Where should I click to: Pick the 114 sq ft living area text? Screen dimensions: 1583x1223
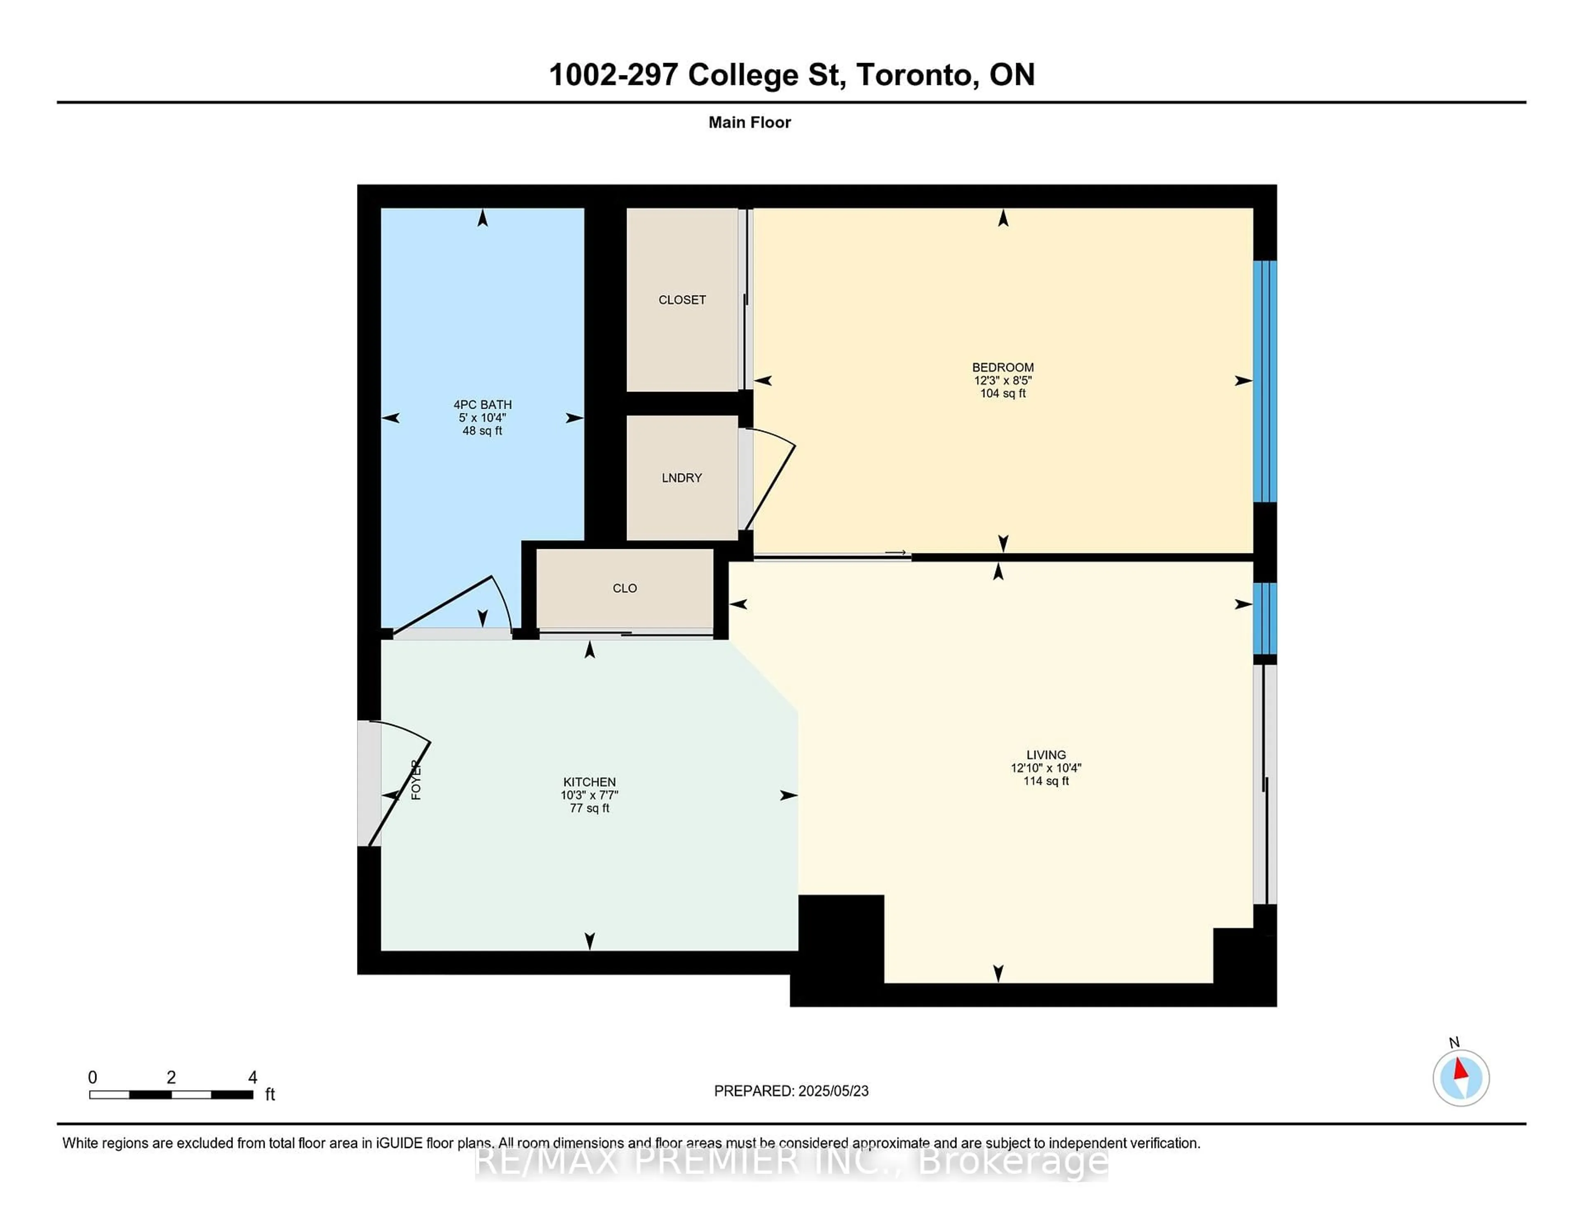pyautogui.click(x=1046, y=781)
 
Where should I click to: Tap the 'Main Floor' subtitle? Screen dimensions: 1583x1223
pyautogui.click(x=749, y=122)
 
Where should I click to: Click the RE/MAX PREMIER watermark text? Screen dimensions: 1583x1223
pyautogui.click(x=791, y=1162)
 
